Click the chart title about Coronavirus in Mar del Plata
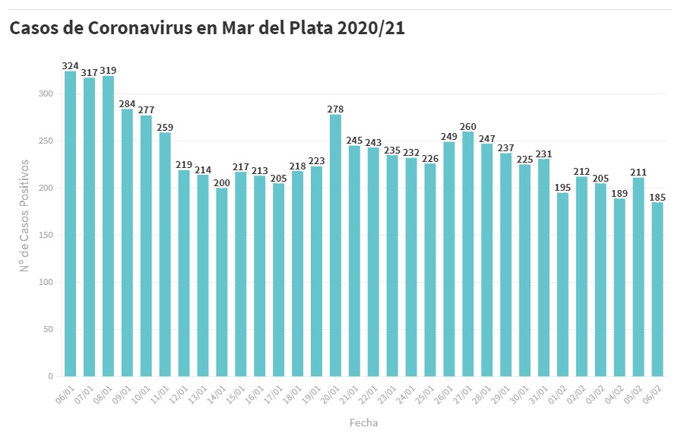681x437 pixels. click(x=207, y=29)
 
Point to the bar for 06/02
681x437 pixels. click(x=657, y=289)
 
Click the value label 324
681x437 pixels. click(x=71, y=66)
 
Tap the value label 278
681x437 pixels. click(x=335, y=109)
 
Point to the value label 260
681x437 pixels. click(x=468, y=126)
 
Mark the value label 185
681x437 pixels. click(x=657, y=197)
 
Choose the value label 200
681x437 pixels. click(x=222, y=182)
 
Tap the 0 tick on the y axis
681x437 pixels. click(x=51, y=376)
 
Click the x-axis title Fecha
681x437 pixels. click(x=363, y=423)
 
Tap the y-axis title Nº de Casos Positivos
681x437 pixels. click(x=24, y=215)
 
